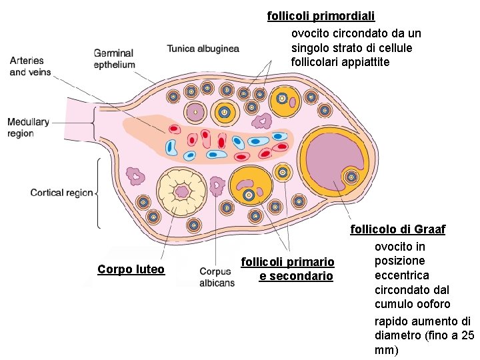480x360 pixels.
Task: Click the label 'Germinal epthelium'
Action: coord(114,59)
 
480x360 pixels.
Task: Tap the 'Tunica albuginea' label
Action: coord(203,48)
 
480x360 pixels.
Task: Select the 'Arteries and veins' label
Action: coord(30,66)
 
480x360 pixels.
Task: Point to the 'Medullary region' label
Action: coord(28,127)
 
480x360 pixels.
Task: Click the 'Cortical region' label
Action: coord(61,193)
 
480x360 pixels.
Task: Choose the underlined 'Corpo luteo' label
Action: coord(131,269)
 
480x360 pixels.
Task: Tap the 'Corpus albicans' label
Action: coord(217,277)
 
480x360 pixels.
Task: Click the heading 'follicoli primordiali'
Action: coord(321,15)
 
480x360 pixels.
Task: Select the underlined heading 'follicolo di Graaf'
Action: coord(398,229)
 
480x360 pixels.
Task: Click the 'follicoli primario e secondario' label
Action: coord(287,269)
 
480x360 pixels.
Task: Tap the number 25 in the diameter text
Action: coord(467,335)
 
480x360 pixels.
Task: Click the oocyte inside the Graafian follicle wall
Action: coord(351,177)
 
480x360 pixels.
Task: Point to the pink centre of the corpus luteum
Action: coord(181,192)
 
